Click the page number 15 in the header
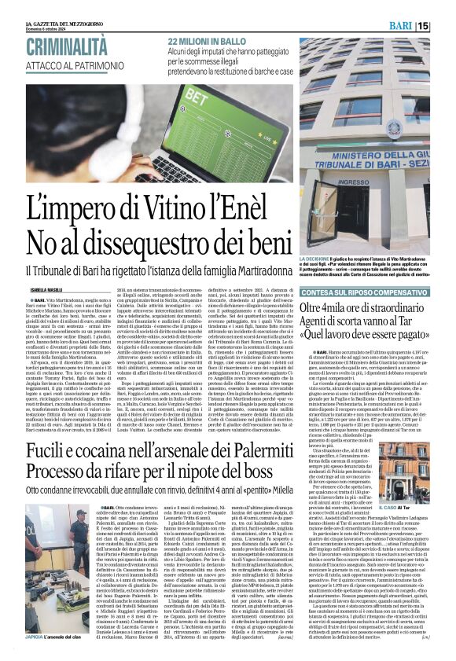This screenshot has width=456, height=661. [x=445, y=26]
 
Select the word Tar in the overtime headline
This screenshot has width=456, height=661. [x=413, y=321]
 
